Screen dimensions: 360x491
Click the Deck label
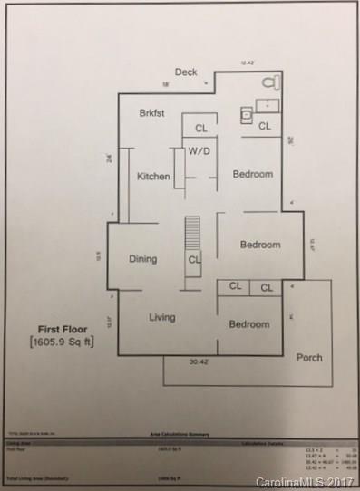click(x=186, y=72)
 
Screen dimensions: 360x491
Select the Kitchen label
click(x=153, y=176)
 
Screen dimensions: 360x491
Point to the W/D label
click(x=199, y=151)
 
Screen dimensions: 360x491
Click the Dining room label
click(x=142, y=259)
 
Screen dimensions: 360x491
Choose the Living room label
click(x=162, y=317)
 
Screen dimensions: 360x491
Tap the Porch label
click(x=309, y=357)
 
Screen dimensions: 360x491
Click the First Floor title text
click(x=61, y=329)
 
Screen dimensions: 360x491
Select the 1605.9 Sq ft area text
click(x=62, y=342)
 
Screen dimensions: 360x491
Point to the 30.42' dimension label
click(x=202, y=361)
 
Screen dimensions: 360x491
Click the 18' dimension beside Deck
click(x=166, y=84)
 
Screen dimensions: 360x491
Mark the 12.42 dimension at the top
click(x=247, y=63)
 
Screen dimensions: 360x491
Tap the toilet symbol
click(x=268, y=82)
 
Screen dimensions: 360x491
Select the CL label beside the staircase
click(x=195, y=260)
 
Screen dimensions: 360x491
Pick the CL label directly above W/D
click(x=201, y=128)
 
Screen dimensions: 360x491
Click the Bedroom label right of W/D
click(x=253, y=175)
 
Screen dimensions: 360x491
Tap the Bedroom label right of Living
click(x=248, y=324)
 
